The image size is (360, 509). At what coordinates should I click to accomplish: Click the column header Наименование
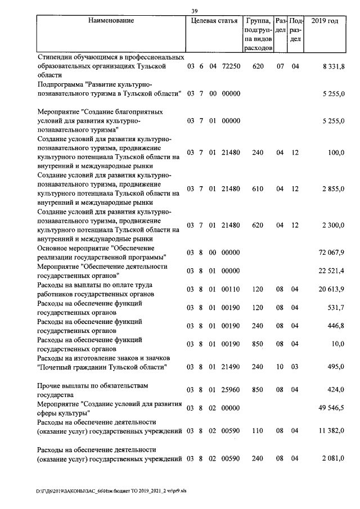tap(111, 21)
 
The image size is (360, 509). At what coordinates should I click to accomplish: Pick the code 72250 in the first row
tap(231, 66)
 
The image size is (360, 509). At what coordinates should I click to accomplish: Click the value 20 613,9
tap(332, 289)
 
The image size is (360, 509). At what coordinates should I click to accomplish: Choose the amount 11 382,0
tap(332, 431)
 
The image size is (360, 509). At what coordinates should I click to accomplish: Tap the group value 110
tap(258, 431)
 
